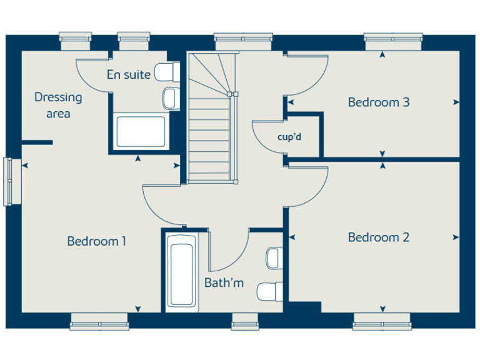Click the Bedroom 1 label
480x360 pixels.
click(97, 241)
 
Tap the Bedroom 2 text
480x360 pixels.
click(379, 237)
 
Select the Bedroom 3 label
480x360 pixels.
click(379, 102)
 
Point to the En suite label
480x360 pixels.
click(128, 75)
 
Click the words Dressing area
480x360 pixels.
click(58, 105)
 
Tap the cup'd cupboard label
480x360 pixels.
click(290, 137)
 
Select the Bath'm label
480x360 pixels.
click(224, 283)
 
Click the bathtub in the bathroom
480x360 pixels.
click(181, 273)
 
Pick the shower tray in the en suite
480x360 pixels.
click(141, 131)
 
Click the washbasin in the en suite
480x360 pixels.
click(170, 97)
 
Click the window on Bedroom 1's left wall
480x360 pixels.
click(8, 181)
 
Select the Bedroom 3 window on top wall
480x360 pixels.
click(393, 41)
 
